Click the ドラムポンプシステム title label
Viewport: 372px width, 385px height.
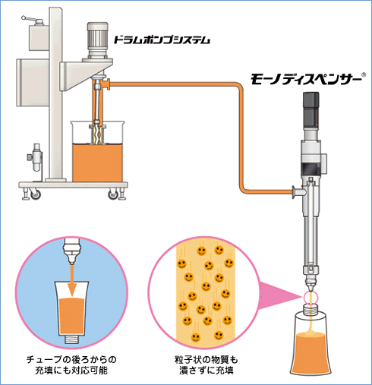162,40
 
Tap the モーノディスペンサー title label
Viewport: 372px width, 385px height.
306,79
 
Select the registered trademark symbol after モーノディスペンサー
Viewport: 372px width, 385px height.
364,74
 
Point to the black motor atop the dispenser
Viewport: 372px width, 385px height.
311,109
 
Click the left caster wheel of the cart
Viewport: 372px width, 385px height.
35,194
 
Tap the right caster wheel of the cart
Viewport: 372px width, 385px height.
113,194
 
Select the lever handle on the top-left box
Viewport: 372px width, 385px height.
32,20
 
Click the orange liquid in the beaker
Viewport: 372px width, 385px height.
97,163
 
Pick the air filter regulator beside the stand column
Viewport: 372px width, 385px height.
36,157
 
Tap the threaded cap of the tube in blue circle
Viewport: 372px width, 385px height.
72,339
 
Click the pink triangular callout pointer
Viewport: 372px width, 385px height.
279,295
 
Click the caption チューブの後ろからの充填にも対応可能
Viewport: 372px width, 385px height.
71,364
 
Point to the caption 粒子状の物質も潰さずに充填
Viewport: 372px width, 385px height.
206,364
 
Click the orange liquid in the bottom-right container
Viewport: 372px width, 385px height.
311,355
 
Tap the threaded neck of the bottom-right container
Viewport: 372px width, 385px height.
311,310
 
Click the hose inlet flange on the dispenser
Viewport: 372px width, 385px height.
294,192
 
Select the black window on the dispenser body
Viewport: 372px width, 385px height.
311,169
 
